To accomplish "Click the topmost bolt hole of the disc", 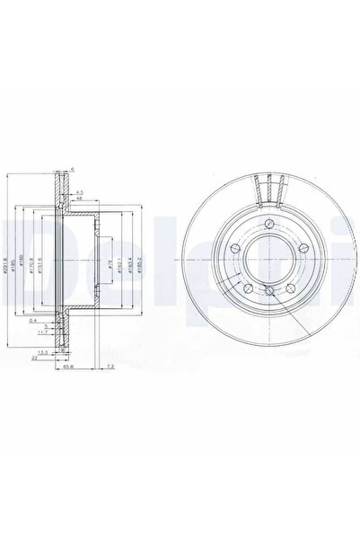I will [x=268, y=221].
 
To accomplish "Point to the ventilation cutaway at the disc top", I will [x=268, y=189].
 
